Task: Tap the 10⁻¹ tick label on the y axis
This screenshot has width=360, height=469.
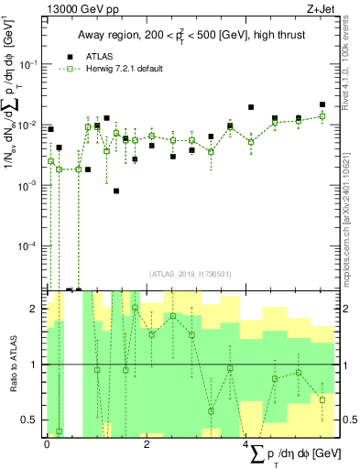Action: [x=29, y=64]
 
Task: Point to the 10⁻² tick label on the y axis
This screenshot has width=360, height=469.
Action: [x=29, y=125]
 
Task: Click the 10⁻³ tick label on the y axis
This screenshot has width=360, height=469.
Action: [x=29, y=186]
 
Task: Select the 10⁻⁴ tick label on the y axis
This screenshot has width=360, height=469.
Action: [x=29, y=246]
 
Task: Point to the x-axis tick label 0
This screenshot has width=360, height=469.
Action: [x=47, y=444]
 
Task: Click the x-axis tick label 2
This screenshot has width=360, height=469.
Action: [x=147, y=444]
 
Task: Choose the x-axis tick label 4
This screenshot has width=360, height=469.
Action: [x=246, y=444]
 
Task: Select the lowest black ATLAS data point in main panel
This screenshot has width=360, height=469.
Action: [x=116, y=191]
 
